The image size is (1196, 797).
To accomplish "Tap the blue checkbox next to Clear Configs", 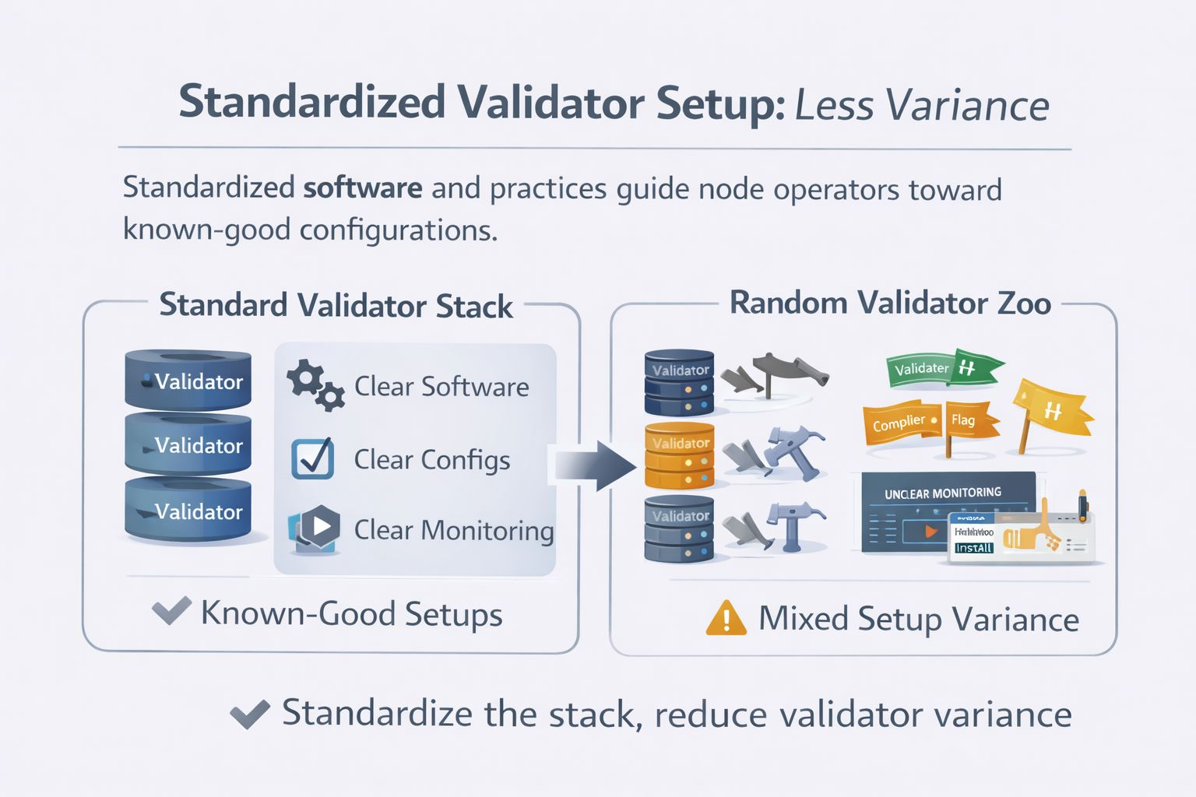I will (312, 458).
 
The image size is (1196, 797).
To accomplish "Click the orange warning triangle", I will (726, 618).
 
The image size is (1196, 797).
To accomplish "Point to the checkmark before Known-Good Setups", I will (171, 611).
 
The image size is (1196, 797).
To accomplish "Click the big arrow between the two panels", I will (596, 465).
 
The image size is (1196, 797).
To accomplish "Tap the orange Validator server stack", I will (679, 455).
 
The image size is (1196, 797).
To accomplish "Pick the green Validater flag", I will (942, 367).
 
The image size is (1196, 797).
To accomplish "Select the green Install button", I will (973, 548).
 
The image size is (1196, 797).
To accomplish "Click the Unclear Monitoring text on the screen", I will (943, 493).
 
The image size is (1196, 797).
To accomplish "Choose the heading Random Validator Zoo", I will (890, 303).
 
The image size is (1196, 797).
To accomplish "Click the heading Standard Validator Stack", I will (336, 305).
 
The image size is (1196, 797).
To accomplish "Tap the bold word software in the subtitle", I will (363, 188).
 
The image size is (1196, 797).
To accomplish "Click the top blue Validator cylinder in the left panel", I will (188, 381).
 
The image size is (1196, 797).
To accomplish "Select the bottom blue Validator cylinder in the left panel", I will (188, 511).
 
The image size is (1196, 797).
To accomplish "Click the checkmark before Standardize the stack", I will (250, 713).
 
